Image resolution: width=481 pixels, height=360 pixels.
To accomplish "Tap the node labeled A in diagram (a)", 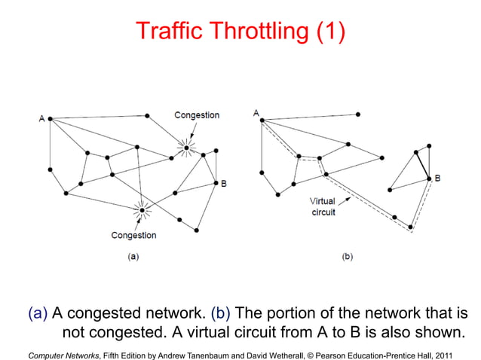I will [50, 118].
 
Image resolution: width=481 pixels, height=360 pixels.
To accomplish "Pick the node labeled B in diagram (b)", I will [429, 178].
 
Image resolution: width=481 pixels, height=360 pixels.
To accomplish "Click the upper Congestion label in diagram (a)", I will [197, 115].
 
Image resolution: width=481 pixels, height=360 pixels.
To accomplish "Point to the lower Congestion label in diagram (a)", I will [134, 235].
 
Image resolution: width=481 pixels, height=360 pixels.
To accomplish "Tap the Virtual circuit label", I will [323, 206].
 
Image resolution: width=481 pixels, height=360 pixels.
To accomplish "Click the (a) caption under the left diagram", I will [132, 256].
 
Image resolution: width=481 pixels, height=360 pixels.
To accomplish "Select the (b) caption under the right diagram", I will [347, 256].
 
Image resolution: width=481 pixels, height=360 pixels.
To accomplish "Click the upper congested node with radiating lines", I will [186, 147].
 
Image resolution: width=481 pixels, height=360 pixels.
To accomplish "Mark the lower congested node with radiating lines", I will [140, 209].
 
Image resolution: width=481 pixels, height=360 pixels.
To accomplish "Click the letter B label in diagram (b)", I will [438, 178].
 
